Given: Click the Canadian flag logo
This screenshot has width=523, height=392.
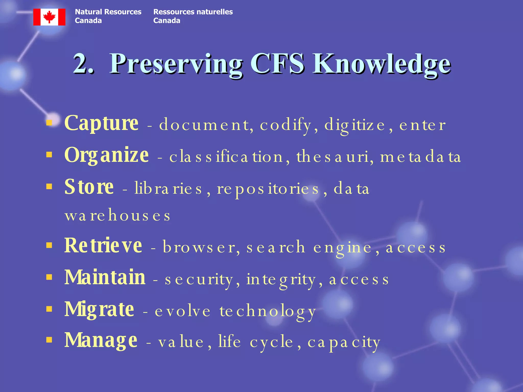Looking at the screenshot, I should [49, 17].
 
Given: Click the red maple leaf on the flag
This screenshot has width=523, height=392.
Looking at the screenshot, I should [49, 17].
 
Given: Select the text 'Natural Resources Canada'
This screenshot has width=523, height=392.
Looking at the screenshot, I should [108, 16].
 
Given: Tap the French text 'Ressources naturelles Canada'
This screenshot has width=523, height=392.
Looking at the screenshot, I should [193, 16].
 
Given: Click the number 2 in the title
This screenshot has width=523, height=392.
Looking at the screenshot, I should [81, 64].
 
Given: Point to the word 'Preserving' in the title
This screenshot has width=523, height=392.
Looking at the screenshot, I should [176, 64].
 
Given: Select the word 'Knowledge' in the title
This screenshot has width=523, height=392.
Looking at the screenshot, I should [382, 64].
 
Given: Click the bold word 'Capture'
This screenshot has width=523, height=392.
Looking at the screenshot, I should [101, 124].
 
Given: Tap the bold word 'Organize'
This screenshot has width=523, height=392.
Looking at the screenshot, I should [106, 156].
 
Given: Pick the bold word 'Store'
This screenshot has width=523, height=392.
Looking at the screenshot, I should [89, 187].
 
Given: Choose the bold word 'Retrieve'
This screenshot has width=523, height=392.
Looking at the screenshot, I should [103, 246].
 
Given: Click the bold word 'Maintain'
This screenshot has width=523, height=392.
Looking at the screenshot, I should [105, 277].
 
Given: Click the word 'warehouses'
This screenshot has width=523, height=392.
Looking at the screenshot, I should [117, 216].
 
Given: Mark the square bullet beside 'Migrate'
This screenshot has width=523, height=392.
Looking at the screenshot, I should [49, 309].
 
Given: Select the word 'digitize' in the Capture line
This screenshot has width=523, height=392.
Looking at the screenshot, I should [355, 125].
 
